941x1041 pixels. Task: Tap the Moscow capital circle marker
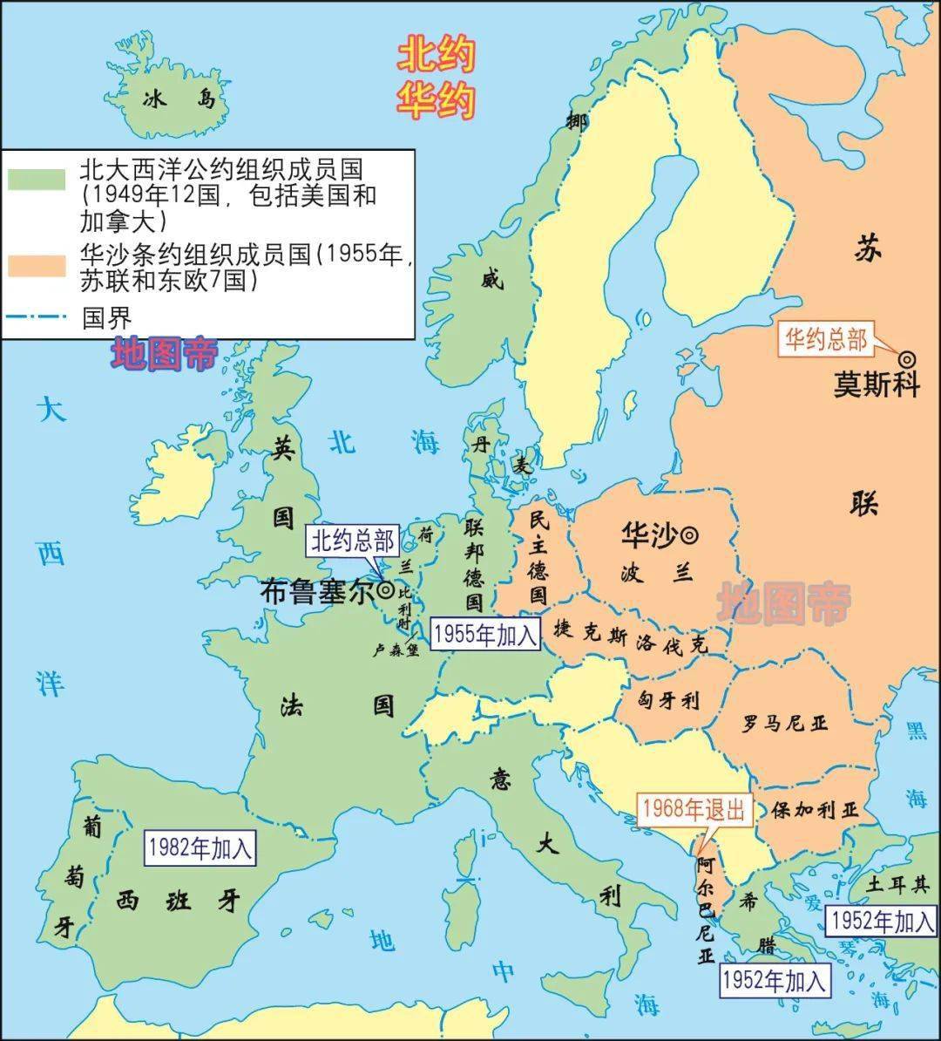click(x=907, y=358)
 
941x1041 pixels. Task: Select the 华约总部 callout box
click(x=825, y=339)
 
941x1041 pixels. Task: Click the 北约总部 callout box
click(x=354, y=541)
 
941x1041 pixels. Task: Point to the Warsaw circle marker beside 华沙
click(x=689, y=534)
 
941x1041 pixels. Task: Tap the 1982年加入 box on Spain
click(x=200, y=847)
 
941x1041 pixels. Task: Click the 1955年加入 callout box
click(x=485, y=634)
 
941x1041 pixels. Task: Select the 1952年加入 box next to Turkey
click(x=882, y=921)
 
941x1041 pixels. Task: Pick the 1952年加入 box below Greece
click(x=773, y=981)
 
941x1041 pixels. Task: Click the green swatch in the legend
click(x=37, y=179)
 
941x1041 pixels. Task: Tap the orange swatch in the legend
click(x=37, y=265)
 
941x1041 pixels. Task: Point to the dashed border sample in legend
click(x=37, y=316)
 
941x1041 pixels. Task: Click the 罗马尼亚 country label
click(x=785, y=723)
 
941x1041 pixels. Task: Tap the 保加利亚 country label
click(x=815, y=810)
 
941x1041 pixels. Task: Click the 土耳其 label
click(x=898, y=885)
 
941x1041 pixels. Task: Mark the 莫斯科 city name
click(x=877, y=384)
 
